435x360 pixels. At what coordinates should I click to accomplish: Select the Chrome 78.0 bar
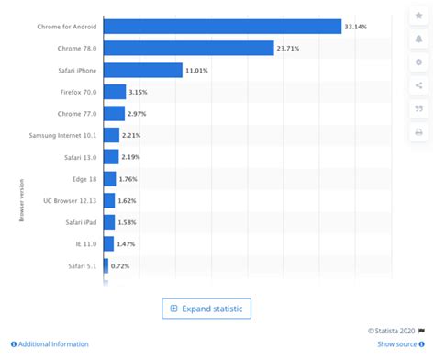click(x=188, y=48)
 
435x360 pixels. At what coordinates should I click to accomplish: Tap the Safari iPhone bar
click(x=142, y=70)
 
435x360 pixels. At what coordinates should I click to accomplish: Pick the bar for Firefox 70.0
click(x=115, y=92)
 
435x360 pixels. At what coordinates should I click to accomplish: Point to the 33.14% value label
click(x=357, y=26)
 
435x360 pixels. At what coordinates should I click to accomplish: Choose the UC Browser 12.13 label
click(x=71, y=200)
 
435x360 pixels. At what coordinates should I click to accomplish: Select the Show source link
click(x=396, y=344)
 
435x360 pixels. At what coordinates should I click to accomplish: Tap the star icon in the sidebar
click(x=418, y=16)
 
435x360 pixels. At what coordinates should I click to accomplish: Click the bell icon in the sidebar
click(x=418, y=39)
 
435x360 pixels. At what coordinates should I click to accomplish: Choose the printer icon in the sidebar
click(x=418, y=132)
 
